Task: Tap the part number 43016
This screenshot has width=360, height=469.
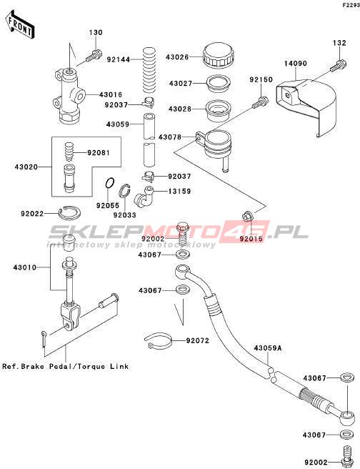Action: (111, 95)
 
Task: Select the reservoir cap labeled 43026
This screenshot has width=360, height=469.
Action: (218, 55)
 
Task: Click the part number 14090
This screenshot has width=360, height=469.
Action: (296, 64)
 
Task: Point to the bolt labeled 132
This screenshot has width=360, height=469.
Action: (339, 66)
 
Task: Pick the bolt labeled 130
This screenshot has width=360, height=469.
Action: (94, 56)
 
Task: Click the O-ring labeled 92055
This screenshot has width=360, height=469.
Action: (110, 183)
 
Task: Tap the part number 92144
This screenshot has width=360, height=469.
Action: (119, 59)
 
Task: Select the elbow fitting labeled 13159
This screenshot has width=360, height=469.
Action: (146, 197)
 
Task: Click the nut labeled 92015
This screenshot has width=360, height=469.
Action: (246, 216)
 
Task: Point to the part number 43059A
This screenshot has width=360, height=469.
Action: (268, 348)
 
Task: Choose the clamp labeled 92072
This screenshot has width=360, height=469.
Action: (158, 341)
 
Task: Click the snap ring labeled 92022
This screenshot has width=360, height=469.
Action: (69, 212)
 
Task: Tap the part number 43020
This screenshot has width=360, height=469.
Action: (26, 167)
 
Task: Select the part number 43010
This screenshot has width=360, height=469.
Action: (24, 267)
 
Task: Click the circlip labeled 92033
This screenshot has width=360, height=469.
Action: (124, 191)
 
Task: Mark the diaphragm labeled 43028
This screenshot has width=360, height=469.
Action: (218, 111)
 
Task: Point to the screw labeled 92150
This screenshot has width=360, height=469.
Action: (260, 102)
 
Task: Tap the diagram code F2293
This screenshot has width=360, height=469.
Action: (351, 6)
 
